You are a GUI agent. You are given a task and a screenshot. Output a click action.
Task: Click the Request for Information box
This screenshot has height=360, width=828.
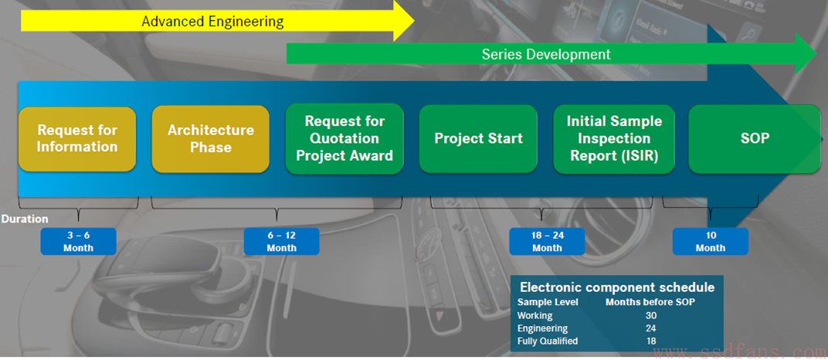pos(77,139)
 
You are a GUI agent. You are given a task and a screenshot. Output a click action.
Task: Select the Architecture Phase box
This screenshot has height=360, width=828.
pos(211,139)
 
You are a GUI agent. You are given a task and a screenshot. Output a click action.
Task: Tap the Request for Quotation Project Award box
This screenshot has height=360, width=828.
pos(344,138)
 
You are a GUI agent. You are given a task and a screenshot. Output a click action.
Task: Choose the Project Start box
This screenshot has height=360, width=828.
pos(478,138)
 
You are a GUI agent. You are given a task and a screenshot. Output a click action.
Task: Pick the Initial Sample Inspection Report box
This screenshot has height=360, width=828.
pos(614,139)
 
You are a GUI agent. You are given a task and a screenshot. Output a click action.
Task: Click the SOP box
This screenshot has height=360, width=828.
pos(755,139)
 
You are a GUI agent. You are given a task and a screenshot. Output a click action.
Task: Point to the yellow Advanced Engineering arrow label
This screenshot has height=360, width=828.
pos(212,22)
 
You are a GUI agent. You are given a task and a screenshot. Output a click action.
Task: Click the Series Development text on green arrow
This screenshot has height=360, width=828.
pos(546,54)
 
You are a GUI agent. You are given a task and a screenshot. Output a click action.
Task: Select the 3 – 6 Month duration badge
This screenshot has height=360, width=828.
pos(78,241)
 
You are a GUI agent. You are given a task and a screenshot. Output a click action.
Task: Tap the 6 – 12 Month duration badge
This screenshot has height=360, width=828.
pos(281,241)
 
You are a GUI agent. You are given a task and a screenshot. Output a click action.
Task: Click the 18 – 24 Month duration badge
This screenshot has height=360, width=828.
pos(547,241)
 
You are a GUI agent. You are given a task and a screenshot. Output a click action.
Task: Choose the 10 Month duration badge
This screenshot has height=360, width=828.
pos(711,241)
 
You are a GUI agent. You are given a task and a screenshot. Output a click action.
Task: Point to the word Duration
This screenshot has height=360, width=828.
pos(25,219)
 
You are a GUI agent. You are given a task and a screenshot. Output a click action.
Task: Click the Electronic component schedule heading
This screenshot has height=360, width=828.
pos(617,287)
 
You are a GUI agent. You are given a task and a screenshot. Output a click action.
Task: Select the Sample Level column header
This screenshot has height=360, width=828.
pos(548,303)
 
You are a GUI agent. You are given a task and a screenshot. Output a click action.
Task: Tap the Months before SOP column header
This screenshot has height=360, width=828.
pos(650,303)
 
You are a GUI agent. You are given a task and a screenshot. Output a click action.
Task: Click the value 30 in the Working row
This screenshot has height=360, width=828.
pos(650,316)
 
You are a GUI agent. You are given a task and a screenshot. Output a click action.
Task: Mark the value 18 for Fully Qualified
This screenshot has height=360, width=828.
pos(650,341)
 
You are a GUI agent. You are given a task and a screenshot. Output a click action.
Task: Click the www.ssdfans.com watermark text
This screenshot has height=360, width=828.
pos(738,351)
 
